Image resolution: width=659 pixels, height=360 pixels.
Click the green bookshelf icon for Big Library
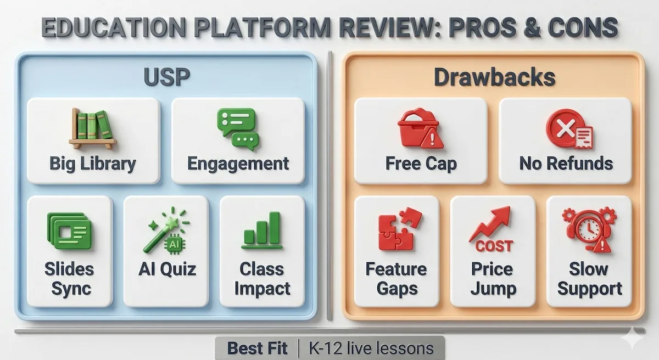point(93,128)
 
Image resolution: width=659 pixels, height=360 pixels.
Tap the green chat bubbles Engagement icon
point(237,128)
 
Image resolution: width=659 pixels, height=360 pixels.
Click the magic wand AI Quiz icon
point(166,230)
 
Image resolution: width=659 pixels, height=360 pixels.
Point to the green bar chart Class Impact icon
point(262,230)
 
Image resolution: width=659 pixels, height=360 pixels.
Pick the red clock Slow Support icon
point(589,229)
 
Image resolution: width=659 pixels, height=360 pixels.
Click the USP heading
point(166,77)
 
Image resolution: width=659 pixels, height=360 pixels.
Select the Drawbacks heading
point(494,77)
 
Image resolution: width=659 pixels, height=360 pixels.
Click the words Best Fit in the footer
point(256,347)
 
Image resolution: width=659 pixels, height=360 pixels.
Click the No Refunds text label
point(566,164)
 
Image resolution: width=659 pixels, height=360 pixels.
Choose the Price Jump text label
point(493,278)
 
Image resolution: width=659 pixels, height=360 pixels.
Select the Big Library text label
point(93,164)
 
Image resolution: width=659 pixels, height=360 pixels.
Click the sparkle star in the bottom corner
point(637,337)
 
